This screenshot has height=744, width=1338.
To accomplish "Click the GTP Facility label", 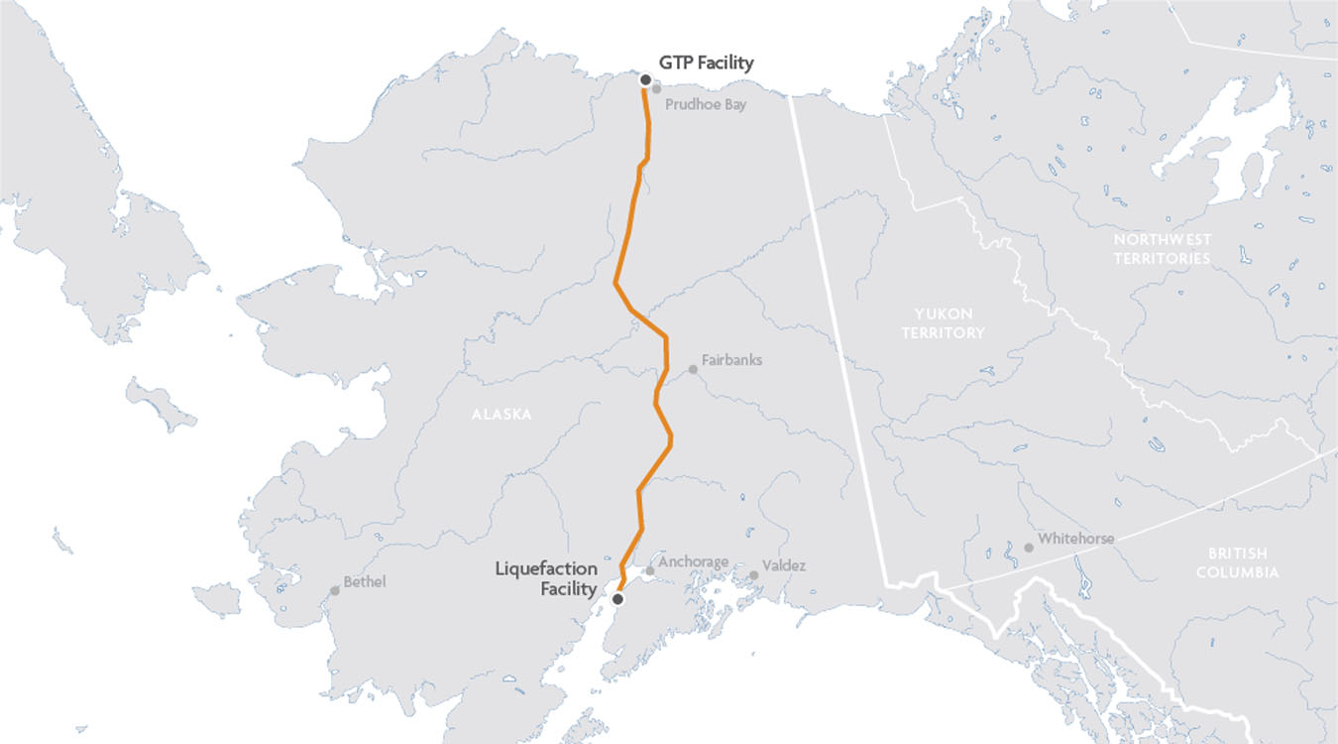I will (x=707, y=63).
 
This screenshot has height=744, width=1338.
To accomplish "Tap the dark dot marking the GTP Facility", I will (x=645, y=79).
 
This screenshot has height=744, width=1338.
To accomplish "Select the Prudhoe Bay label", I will (x=706, y=104).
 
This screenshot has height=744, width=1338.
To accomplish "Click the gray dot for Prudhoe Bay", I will (x=656, y=89).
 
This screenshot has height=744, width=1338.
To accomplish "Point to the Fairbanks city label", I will (x=731, y=360).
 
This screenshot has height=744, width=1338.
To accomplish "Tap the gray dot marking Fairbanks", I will (x=693, y=370).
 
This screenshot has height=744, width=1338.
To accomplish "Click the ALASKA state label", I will (x=502, y=415).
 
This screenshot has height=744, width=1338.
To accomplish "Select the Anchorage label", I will (x=693, y=562).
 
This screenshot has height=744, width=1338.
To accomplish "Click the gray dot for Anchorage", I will (x=650, y=571).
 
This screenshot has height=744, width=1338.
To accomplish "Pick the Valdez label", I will (x=784, y=566).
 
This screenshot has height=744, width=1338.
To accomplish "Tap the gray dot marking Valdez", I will (x=754, y=575).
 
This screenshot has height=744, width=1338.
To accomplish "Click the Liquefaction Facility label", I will (x=547, y=579).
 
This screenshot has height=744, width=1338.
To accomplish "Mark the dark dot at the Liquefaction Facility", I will (x=618, y=599).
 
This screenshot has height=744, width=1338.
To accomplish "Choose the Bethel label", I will (x=364, y=582).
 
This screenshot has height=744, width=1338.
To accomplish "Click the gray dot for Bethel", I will (x=335, y=591).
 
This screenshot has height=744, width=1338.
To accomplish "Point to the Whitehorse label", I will (x=1075, y=539).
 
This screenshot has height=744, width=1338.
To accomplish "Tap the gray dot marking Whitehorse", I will (x=1029, y=548).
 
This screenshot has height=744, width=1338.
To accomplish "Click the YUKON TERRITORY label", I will (x=943, y=322).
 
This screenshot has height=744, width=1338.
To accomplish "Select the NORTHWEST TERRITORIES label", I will (x=1162, y=249).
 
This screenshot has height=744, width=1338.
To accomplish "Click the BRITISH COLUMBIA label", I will (x=1237, y=562).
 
